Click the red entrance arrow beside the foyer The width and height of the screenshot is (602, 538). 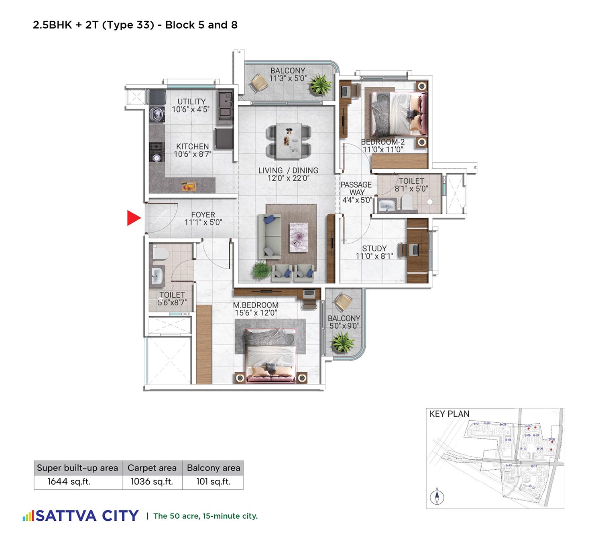click(134, 218)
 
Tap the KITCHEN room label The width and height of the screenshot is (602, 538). click(192, 147)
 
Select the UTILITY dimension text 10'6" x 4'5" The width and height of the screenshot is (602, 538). click(191, 109)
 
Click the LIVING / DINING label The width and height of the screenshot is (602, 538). click(288, 170)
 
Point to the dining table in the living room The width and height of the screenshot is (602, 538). click(289, 141)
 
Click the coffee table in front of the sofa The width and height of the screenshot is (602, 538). click(299, 237)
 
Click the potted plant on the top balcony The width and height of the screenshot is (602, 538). click(320, 84)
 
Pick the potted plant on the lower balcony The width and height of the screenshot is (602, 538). click(342, 342)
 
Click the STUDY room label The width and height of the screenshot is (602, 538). click(374, 248)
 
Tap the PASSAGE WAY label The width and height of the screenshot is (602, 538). click(356, 188)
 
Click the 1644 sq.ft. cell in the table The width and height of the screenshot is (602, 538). click(69, 481)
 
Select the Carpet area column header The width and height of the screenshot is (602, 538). click(152, 468)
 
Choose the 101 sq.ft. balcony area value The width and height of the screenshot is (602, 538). click(213, 481)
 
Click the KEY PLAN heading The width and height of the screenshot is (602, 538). click(449, 414)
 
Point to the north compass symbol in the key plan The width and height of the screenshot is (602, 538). click(437, 497)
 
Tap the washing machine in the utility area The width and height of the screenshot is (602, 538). click(157, 114)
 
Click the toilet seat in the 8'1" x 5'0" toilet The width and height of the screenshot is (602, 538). click(406, 202)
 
